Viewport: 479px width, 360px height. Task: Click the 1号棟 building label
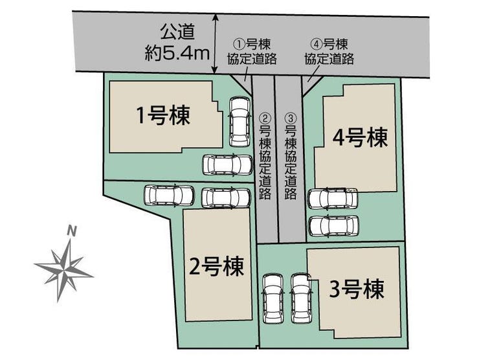(163, 115)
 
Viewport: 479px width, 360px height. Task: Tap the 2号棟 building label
(217, 266)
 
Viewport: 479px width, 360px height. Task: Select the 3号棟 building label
(357, 289)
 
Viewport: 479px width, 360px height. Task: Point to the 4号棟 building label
(361, 137)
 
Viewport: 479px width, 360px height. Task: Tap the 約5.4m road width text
(177, 53)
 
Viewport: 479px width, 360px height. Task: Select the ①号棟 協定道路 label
(252, 52)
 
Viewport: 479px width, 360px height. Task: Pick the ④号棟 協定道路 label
(329, 52)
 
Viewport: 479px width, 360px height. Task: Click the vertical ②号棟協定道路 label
(265, 156)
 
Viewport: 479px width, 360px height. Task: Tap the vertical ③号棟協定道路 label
(291, 156)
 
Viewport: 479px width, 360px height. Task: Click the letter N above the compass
(71, 231)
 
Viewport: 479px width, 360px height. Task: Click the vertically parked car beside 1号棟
(240, 122)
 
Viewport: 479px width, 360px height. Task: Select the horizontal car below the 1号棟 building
(228, 165)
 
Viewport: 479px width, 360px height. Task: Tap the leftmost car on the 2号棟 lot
(169, 196)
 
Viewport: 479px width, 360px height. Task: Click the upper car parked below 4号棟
(332, 199)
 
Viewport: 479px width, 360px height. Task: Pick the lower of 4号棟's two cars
(333, 226)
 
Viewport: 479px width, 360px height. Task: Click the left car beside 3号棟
(273, 298)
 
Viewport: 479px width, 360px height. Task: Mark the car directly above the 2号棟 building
(227, 197)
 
